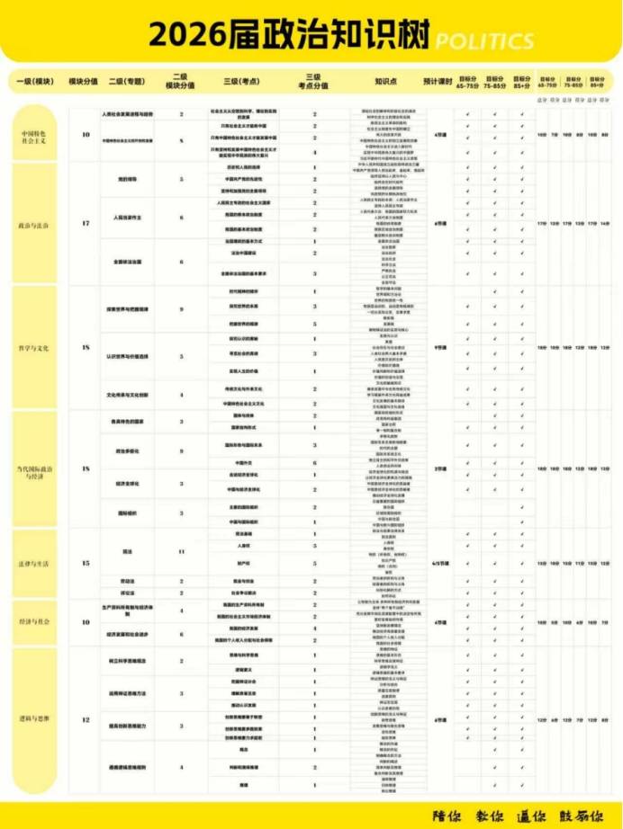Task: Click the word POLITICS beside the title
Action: (484, 41)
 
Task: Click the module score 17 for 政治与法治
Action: (86, 222)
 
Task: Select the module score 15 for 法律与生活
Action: (86, 563)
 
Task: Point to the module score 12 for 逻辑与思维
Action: (86, 719)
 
